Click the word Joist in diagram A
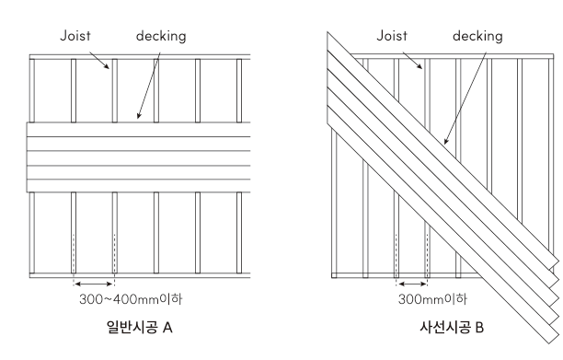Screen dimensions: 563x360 tap(75, 36)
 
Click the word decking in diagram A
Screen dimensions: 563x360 tap(161, 36)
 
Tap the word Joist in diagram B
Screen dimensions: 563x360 tap(392, 36)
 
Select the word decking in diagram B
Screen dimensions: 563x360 tap(477, 36)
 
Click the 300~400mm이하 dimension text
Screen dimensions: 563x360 tap(131, 299)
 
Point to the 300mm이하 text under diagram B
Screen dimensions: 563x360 tap(432, 299)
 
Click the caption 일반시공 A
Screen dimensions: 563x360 tap(140, 327)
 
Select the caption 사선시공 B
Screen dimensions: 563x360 tap(452, 327)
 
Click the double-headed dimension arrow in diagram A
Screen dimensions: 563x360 tap(94, 285)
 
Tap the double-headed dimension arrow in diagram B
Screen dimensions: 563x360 tap(412, 285)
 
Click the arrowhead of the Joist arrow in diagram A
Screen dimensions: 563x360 tap(109, 67)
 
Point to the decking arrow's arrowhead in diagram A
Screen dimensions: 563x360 tap(138, 117)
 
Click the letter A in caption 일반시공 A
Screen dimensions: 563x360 tap(167, 328)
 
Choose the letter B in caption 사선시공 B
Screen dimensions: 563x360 tap(479, 328)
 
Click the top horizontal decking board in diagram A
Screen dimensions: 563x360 tap(139, 130)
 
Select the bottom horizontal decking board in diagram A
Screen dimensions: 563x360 tap(139, 186)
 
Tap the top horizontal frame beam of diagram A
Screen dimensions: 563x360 tap(140, 57)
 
